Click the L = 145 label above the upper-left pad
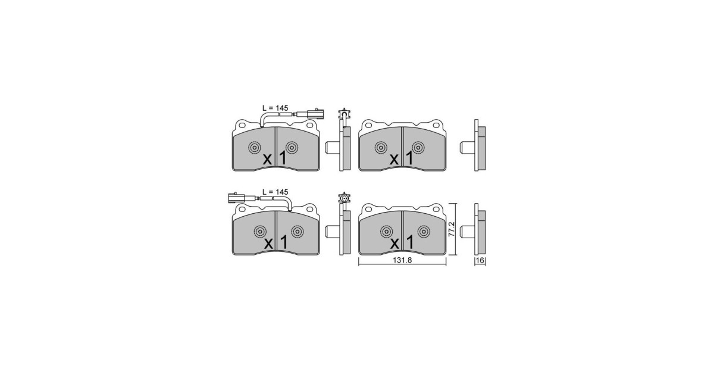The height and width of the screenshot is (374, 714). [275, 108]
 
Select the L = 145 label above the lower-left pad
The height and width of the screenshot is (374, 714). [275, 192]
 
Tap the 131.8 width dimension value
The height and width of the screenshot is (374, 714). [402, 260]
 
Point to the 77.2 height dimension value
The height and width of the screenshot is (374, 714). [452, 229]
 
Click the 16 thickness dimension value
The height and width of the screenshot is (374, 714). [480, 261]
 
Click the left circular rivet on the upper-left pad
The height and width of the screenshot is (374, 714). [255, 148]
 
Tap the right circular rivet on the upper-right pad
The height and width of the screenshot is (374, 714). [418, 148]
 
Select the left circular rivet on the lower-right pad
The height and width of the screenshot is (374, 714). [386, 231]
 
